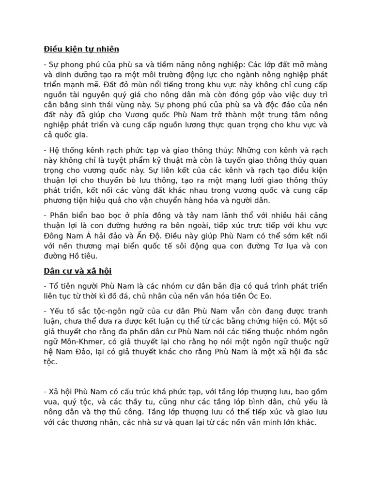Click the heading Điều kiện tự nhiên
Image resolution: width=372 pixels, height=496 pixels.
click(81, 49)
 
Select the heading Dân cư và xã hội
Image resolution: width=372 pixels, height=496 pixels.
click(77, 271)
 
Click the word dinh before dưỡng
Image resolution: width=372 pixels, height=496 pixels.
click(68, 75)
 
